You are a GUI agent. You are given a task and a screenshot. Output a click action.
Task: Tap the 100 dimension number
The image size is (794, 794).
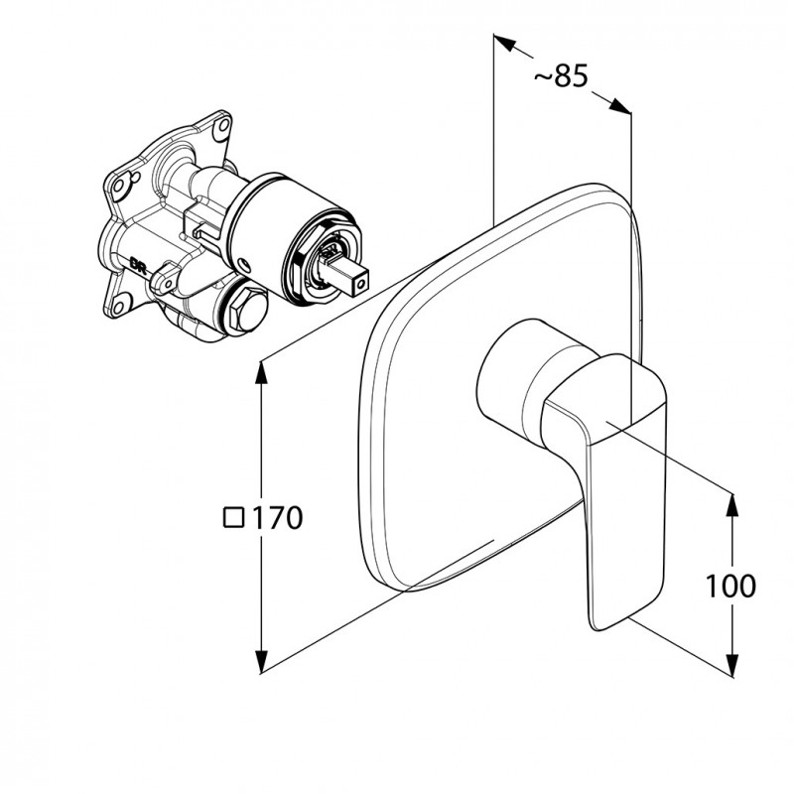click(731, 586)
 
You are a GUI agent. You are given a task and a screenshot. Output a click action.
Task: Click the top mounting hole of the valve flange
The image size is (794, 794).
click(218, 126)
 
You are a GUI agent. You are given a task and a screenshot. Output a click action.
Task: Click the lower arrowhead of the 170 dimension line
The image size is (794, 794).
click(262, 662)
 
